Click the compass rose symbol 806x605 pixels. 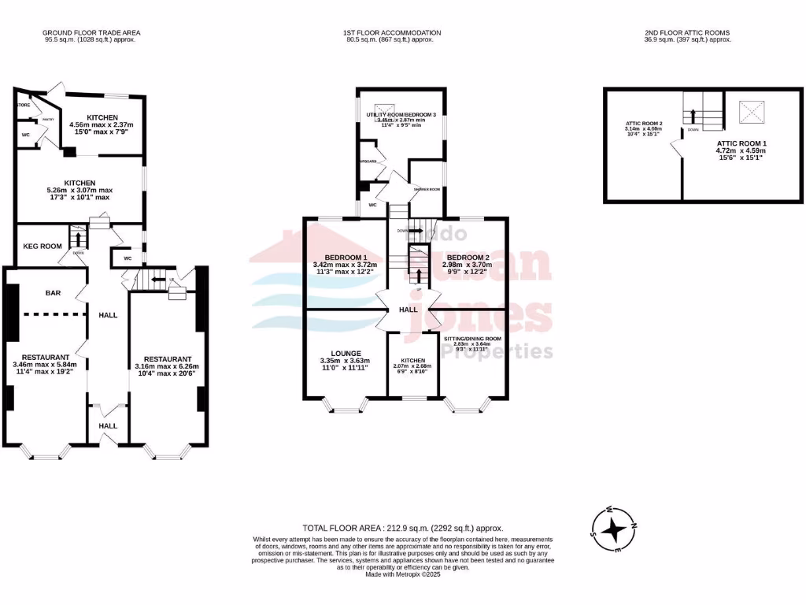[613, 529]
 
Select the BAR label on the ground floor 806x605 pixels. [53, 293]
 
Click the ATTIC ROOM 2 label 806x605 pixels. [644, 124]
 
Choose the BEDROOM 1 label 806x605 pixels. [344, 258]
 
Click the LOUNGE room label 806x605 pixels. [344, 354]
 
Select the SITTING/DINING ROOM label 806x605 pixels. [472, 339]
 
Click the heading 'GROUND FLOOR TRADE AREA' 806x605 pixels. [91, 32]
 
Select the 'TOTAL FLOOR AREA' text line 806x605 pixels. [402, 528]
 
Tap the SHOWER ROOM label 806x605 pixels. [427, 189]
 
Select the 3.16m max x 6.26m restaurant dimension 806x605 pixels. [167, 366]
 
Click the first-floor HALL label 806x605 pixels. [408, 310]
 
